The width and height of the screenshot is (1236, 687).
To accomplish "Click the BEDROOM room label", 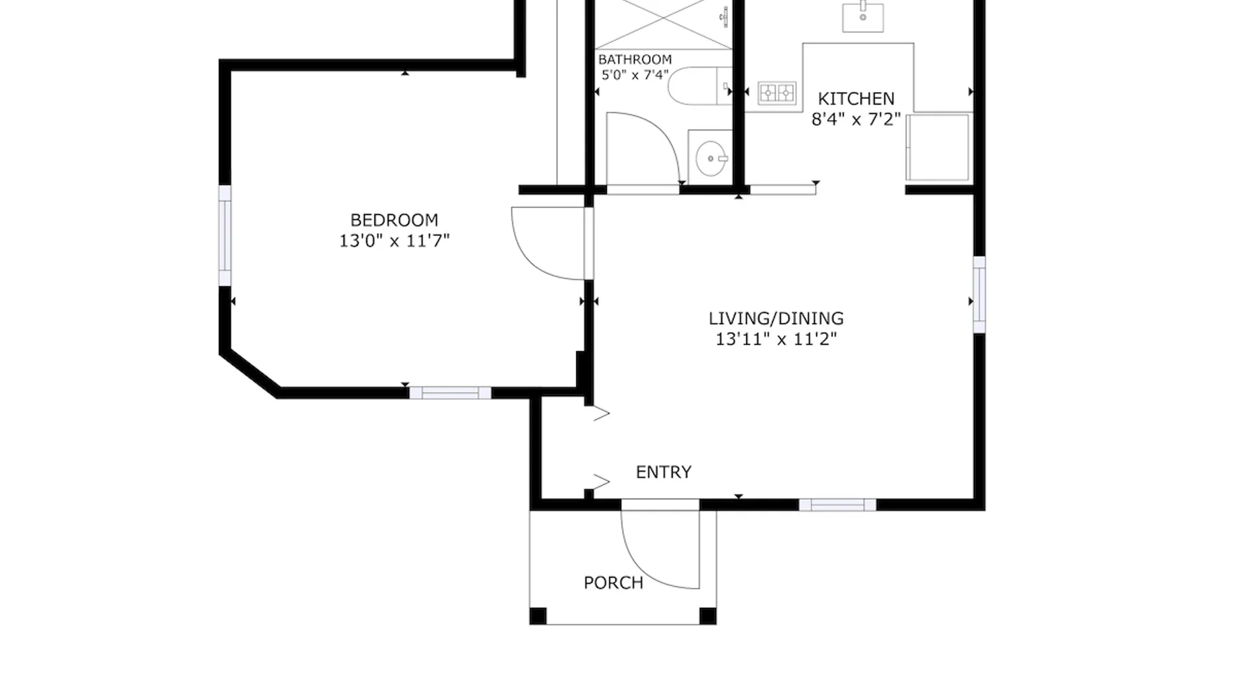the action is click(x=394, y=221).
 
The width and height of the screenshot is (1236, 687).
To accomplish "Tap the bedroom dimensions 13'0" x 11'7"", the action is click(x=394, y=241).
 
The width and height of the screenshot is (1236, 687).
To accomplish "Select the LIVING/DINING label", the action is click(x=776, y=319).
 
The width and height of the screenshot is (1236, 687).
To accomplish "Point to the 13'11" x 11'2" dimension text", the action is click(x=776, y=339).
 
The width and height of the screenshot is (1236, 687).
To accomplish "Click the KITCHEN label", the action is click(x=856, y=99).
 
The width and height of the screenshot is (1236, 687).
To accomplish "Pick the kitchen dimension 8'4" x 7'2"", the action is click(x=856, y=120).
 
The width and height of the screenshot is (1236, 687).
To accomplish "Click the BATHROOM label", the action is click(x=635, y=60).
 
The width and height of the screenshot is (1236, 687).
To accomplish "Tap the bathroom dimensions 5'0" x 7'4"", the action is click(x=635, y=75).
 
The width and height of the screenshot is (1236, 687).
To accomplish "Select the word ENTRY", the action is click(x=663, y=472).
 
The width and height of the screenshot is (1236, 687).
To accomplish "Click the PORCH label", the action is click(x=613, y=583).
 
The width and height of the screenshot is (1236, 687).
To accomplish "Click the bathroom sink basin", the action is click(x=711, y=158).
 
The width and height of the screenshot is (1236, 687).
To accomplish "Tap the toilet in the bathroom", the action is click(x=700, y=86).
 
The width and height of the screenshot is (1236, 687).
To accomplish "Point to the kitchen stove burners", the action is click(x=777, y=92).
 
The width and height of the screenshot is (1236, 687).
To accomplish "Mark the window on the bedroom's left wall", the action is click(x=225, y=235).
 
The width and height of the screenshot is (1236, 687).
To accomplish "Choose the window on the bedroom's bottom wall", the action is click(x=450, y=393).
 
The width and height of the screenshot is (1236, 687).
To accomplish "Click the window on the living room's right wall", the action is click(x=979, y=295).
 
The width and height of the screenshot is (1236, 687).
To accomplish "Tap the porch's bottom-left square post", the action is click(x=538, y=616).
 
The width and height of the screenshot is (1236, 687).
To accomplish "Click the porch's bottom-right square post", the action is click(x=707, y=616).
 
